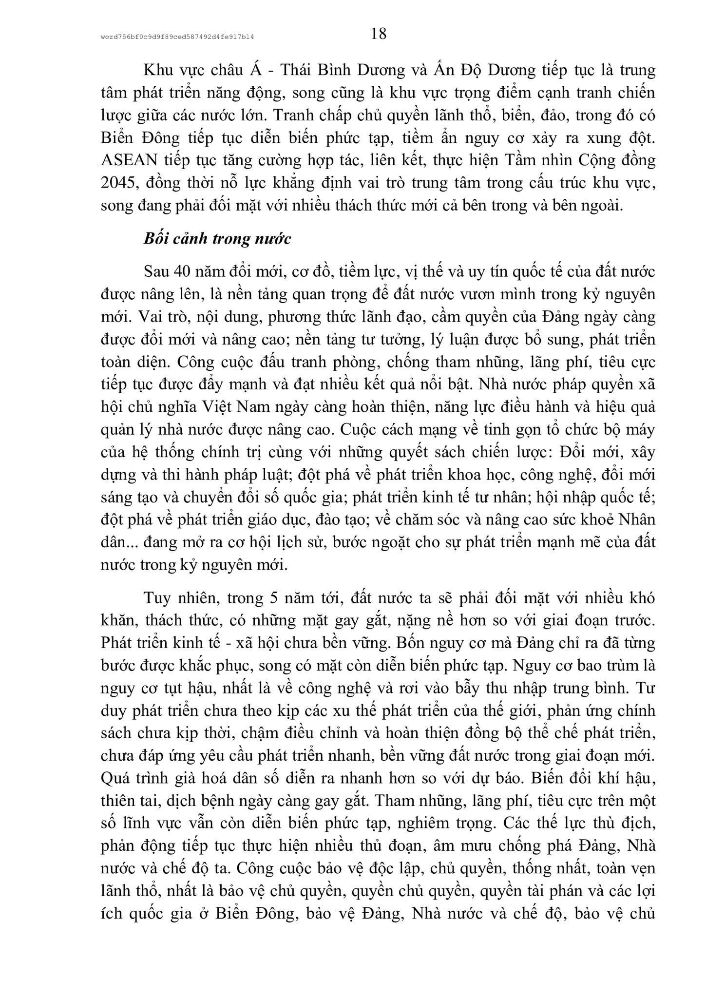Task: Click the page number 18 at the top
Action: [379, 34]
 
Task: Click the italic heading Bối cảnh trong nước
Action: [217, 239]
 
